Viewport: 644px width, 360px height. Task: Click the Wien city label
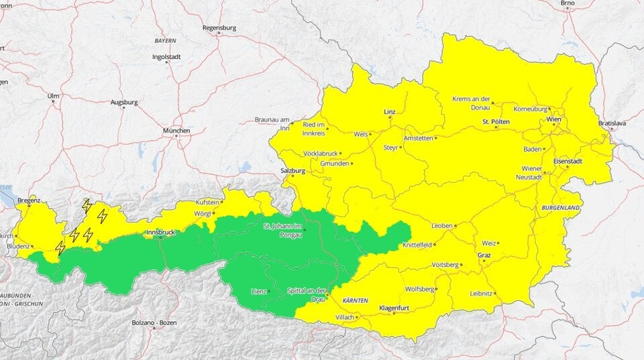pyautogui.click(x=554, y=119)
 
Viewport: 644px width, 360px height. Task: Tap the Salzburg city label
pyautogui.click(x=293, y=171)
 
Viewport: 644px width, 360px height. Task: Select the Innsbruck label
pyautogui.click(x=160, y=232)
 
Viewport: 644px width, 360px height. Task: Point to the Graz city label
pyautogui.click(x=484, y=255)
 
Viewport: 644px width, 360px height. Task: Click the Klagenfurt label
pyautogui.click(x=394, y=307)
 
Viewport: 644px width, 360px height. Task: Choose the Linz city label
pyautogui.click(x=390, y=111)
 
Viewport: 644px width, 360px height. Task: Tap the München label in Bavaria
pyautogui.click(x=176, y=130)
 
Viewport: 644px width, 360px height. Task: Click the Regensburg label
pyautogui.click(x=220, y=28)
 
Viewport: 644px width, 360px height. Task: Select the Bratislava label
pyautogui.click(x=612, y=123)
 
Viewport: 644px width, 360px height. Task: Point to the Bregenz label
pyautogui.click(x=29, y=200)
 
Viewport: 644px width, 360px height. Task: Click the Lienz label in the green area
pyautogui.click(x=258, y=291)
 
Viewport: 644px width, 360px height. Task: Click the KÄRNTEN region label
pyautogui.click(x=356, y=301)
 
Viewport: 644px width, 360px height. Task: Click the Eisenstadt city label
pyautogui.click(x=568, y=161)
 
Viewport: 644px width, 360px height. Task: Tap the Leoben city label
pyautogui.click(x=442, y=226)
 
